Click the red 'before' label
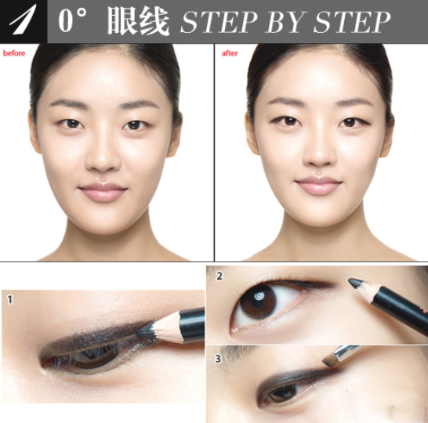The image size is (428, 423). (14, 53)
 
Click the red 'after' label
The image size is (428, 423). (230, 53)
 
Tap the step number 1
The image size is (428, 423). (9, 298)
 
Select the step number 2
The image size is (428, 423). (219, 276)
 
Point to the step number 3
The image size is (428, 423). (219, 360)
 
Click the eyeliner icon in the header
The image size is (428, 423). (24, 21)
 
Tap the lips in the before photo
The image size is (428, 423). (103, 192)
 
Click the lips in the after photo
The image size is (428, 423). (319, 186)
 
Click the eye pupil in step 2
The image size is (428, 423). (258, 300)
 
